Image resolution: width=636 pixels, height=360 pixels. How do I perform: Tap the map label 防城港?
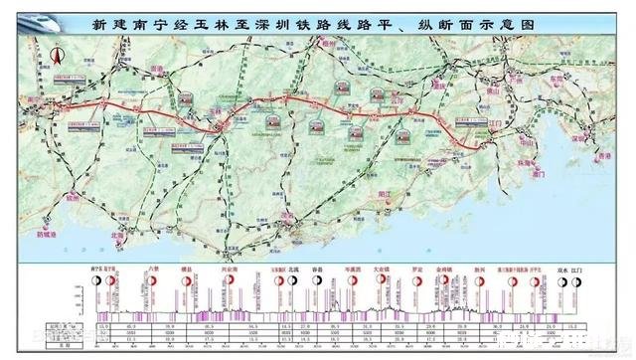[49, 235]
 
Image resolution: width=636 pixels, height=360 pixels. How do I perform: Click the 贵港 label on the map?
[154, 71]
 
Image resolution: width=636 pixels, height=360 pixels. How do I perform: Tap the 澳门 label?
[541, 173]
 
